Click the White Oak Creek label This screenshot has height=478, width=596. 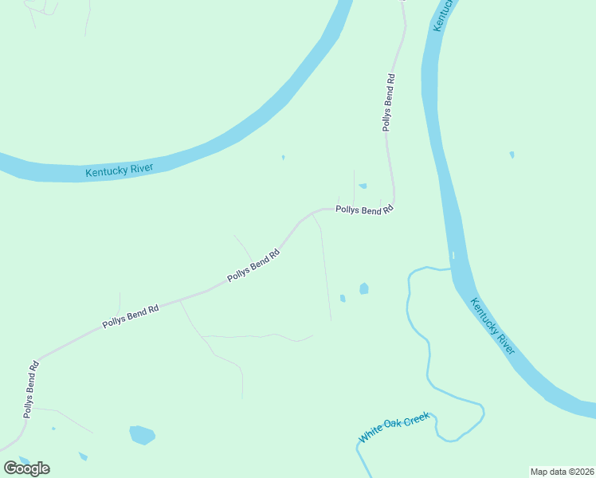tap(394, 427)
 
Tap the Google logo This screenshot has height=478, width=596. tap(26, 468)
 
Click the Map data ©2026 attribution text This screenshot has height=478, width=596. tap(562, 472)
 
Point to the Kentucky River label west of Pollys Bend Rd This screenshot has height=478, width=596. tap(120, 170)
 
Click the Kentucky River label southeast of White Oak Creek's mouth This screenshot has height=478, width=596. tap(492, 326)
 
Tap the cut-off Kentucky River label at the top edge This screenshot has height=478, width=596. tap(445, 14)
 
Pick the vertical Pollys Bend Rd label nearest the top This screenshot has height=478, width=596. tap(388, 103)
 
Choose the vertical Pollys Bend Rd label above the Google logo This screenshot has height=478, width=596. tap(31, 390)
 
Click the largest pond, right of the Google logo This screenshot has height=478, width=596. tap(142, 435)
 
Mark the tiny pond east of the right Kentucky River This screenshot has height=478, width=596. tap(512, 155)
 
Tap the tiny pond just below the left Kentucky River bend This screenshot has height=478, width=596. tap(283, 157)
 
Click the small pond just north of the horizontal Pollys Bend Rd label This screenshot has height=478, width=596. tap(363, 186)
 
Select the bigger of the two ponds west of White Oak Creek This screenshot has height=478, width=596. tap(364, 288)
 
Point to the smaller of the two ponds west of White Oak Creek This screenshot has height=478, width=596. tap(343, 299)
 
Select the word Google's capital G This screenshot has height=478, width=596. tap(10, 468)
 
